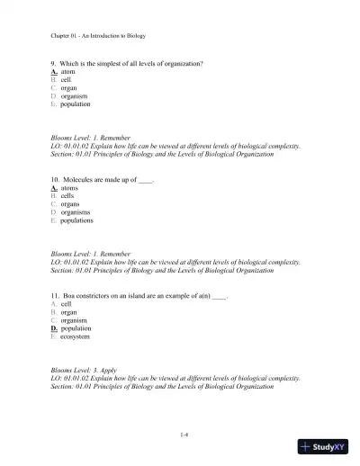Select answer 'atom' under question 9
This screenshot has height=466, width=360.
(67, 73)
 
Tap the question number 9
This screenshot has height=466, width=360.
(53, 64)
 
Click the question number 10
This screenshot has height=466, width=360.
(55, 180)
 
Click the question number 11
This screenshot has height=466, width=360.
(55, 295)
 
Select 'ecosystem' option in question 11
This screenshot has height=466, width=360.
(76, 336)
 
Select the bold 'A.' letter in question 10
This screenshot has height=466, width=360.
(54, 188)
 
